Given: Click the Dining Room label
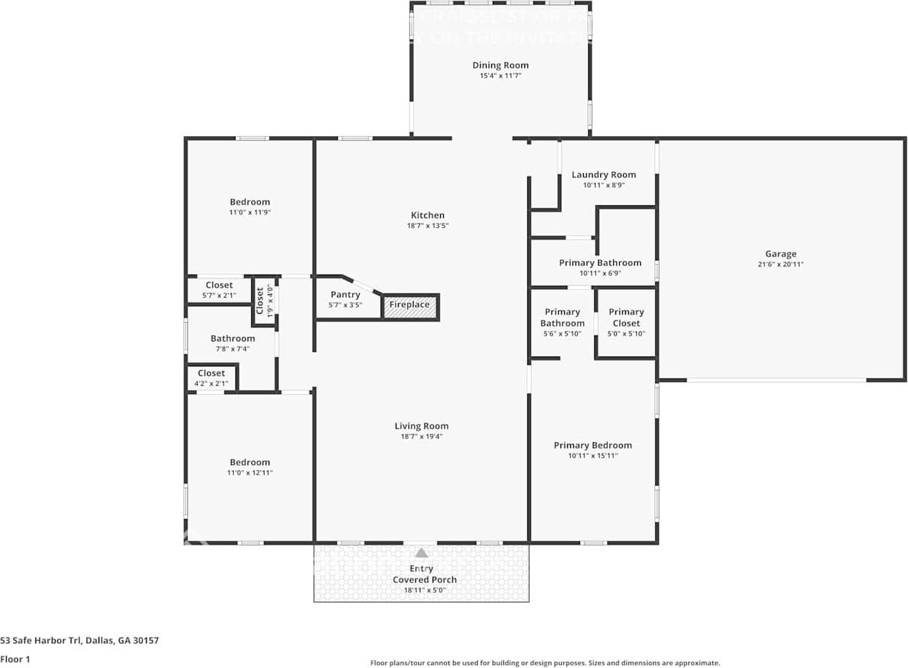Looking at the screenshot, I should click(x=500, y=65).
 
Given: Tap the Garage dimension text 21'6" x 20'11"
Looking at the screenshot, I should click(x=780, y=265).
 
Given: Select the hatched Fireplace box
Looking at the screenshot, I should click(x=410, y=305).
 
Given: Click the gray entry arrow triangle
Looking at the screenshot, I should click(x=421, y=553).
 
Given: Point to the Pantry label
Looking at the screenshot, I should click(x=345, y=295).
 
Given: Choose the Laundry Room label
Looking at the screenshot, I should click(x=603, y=175).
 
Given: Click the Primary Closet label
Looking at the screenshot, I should click(x=626, y=317).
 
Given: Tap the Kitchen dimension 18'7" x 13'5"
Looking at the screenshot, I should click(x=427, y=226).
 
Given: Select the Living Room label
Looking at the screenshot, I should click(x=421, y=427).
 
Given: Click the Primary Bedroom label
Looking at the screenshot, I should click(x=593, y=445).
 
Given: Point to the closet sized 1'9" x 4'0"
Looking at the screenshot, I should click(x=264, y=301).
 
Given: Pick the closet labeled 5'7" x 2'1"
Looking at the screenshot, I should click(x=219, y=290).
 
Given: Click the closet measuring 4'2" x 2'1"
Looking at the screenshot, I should click(x=211, y=378).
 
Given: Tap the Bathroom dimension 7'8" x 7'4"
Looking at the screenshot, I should click(x=232, y=349).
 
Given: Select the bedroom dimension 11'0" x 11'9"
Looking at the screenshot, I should click(x=250, y=213).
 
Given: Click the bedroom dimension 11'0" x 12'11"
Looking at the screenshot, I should click(x=250, y=473).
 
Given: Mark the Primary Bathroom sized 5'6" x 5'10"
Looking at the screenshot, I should click(x=562, y=323).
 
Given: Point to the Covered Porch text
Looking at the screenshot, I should click(x=424, y=580).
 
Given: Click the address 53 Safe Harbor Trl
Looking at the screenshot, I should click(x=79, y=641).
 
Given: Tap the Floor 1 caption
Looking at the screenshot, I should click(x=14, y=659).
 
